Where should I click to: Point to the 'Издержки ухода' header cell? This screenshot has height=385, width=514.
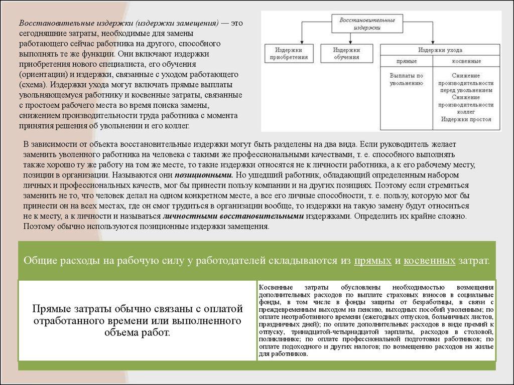click(x=440, y=50)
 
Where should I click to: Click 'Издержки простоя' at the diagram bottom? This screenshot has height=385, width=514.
click(x=466, y=120)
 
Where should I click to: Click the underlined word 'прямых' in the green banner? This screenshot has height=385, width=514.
click(x=372, y=261)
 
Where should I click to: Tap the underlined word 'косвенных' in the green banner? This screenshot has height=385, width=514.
click(x=430, y=261)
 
